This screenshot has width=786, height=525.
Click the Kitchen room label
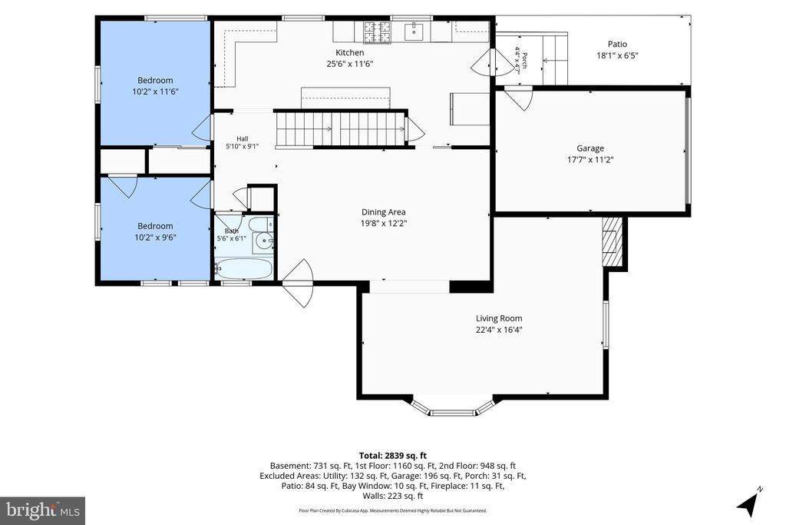(x=349, y=52)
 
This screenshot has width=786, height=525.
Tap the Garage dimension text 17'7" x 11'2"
(x=590, y=160)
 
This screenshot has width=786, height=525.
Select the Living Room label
(x=499, y=318)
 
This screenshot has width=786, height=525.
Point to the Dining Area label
(x=384, y=212)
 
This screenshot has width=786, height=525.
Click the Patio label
(x=617, y=44)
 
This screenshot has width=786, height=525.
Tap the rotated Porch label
(x=524, y=60)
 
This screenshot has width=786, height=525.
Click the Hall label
(x=242, y=139)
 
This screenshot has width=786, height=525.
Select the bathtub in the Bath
(x=243, y=268)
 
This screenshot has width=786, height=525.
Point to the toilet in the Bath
(x=262, y=224)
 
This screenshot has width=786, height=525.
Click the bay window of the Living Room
(x=453, y=407)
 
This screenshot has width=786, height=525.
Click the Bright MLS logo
(x=43, y=511)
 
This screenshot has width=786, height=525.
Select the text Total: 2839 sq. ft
(x=393, y=456)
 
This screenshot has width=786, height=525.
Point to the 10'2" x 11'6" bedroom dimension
(x=155, y=91)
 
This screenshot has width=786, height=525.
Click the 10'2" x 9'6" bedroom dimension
(x=155, y=238)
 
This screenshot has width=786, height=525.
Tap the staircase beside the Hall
(x=340, y=129)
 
